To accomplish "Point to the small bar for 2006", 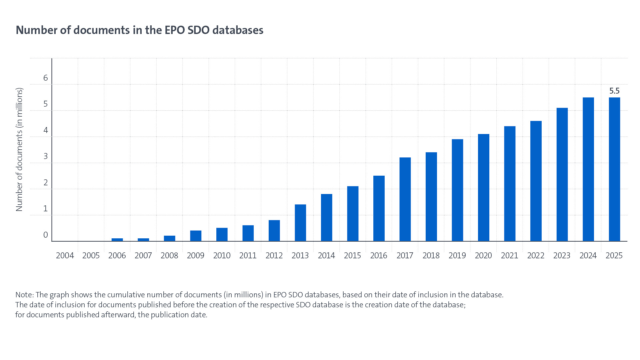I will [x=117, y=240].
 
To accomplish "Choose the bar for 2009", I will [x=196, y=236].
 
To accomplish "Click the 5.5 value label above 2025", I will [x=614, y=91].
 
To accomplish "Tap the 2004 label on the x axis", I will [x=65, y=256].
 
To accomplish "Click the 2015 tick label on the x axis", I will [x=352, y=256].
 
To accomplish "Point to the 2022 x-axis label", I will [x=536, y=256].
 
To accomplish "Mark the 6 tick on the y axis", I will [x=46, y=78].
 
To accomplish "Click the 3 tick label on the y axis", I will [x=46, y=156].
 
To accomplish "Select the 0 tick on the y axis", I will [x=46, y=235].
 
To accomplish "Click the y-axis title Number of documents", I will [x=19, y=149].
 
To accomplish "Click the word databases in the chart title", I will [x=238, y=30].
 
